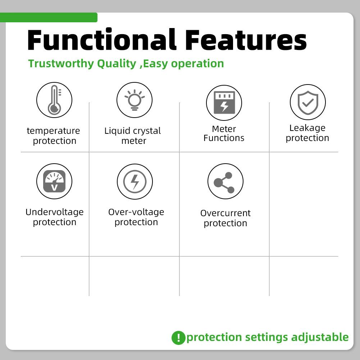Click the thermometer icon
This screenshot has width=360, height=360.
pyautogui.click(x=54, y=100)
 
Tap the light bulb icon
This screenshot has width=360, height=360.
pyautogui.click(x=135, y=100)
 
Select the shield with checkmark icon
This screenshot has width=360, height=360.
pyautogui.click(x=308, y=102)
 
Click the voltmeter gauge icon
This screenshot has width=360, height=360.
pyautogui.click(x=54, y=181)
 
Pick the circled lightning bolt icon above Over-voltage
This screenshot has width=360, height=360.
pyautogui.click(x=135, y=182)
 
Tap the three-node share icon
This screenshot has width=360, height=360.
pyautogui.click(x=224, y=183)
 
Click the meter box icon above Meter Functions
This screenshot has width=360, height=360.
pyautogui.click(x=224, y=102)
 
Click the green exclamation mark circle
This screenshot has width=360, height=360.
pyautogui.click(x=178, y=338)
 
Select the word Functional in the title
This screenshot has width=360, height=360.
pyautogui.click(x=102, y=40)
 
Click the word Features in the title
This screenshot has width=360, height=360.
pyautogui.click(x=246, y=40)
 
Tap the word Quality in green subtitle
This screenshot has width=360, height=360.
pyautogui.click(x=117, y=64)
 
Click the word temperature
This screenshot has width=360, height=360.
pyautogui.click(x=53, y=131)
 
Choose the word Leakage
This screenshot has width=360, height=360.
pyautogui.click(x=307, y=128)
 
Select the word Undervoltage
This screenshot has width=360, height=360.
pyautogui.click(x=55, y=212)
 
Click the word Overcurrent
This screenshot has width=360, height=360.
pyautogui.click(x=225, y=213)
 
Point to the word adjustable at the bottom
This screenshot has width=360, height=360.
pyautogui.click(x=320, y=337)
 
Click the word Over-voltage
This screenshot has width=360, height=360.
pyautogui.click(x=136, y=212)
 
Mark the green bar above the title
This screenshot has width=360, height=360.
pyautogui.click(x=49, y=18)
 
